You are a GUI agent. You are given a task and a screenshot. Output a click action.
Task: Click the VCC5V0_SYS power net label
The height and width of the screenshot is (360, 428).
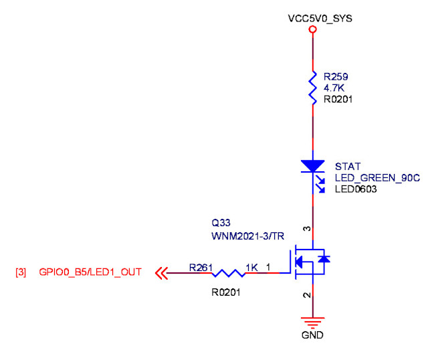[320, 18]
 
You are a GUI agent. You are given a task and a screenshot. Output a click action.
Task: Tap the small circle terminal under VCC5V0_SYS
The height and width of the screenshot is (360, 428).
[312, 30]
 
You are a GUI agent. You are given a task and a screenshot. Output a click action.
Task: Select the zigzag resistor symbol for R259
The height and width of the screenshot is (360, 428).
[312, 87]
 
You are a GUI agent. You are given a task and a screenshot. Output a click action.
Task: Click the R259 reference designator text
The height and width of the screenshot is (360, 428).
[336, 76]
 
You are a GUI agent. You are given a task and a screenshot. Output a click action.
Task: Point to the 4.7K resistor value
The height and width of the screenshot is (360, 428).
[334, 88]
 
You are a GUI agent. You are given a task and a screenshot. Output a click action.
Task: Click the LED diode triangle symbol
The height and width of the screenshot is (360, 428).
[312, 166]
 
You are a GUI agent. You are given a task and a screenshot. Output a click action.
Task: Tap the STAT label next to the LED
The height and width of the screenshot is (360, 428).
[346, 167]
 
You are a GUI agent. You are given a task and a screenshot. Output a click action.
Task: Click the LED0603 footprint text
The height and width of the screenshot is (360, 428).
[356, 189]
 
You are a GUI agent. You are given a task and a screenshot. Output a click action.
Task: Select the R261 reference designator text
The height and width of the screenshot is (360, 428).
[200, 268]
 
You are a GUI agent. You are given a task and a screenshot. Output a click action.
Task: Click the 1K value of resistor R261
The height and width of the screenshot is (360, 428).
[251, 268]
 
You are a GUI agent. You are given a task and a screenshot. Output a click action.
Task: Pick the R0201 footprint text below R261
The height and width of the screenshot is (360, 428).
[225, 292]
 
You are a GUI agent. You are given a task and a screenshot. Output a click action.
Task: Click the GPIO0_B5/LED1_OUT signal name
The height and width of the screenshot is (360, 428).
[90, 272]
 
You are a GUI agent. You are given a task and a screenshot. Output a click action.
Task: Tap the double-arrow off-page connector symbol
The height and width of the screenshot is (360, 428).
[160, 273]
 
